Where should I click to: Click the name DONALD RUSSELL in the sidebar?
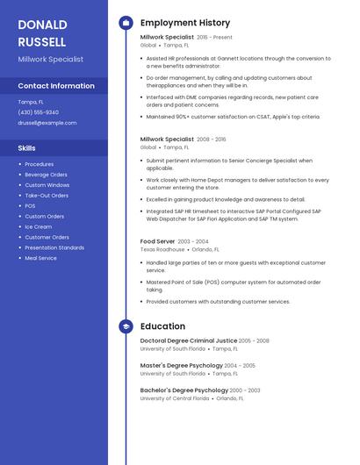point(42,32)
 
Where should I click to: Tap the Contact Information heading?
point(56,86)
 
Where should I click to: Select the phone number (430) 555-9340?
point(39,112)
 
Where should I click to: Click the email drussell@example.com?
point(47,123)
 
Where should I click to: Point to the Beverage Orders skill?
point(46,175)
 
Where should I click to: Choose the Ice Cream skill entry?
point(38,226)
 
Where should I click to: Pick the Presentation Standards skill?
point(54,247)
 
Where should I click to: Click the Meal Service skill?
point(40,258)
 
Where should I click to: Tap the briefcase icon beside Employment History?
point(126,23)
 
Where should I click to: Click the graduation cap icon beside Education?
point(126,326)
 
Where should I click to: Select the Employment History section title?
point(185,23)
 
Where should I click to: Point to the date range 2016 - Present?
point(215,38)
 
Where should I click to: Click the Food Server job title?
point(157,241)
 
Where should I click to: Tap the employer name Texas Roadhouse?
point(162,249)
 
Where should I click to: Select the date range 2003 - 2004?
point(193,241)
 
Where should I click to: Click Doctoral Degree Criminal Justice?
point(189,340)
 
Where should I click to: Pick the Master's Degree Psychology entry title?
point(182,365)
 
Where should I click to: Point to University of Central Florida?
point(174,398)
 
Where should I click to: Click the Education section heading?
point(162,326)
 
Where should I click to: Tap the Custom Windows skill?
point(47,185)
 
